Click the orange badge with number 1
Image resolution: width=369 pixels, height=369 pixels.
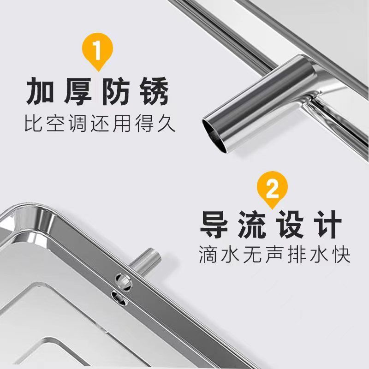pos(97,51)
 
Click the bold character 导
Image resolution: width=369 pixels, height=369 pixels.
pos(214,225)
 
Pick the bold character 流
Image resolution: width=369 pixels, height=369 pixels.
pos(252,225)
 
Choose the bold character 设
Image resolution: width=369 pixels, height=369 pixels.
pos(290,225)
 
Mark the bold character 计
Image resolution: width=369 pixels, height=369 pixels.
pos(328,225)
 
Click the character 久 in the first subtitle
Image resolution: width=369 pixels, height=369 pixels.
pos(167,123)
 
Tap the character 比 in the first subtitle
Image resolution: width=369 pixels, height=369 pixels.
pos(34,123)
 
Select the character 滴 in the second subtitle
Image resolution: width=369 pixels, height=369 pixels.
pos(208,254)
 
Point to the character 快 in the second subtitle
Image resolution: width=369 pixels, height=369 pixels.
pos(341,254)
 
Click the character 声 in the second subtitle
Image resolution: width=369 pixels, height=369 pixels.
pos(274,254)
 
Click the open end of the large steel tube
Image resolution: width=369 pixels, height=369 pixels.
pos(215,135)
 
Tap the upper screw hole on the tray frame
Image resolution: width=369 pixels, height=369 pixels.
pos(123,281)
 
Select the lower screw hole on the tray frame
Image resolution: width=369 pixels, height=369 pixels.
pos(119,298)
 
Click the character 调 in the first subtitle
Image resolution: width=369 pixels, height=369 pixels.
pos(78,123)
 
